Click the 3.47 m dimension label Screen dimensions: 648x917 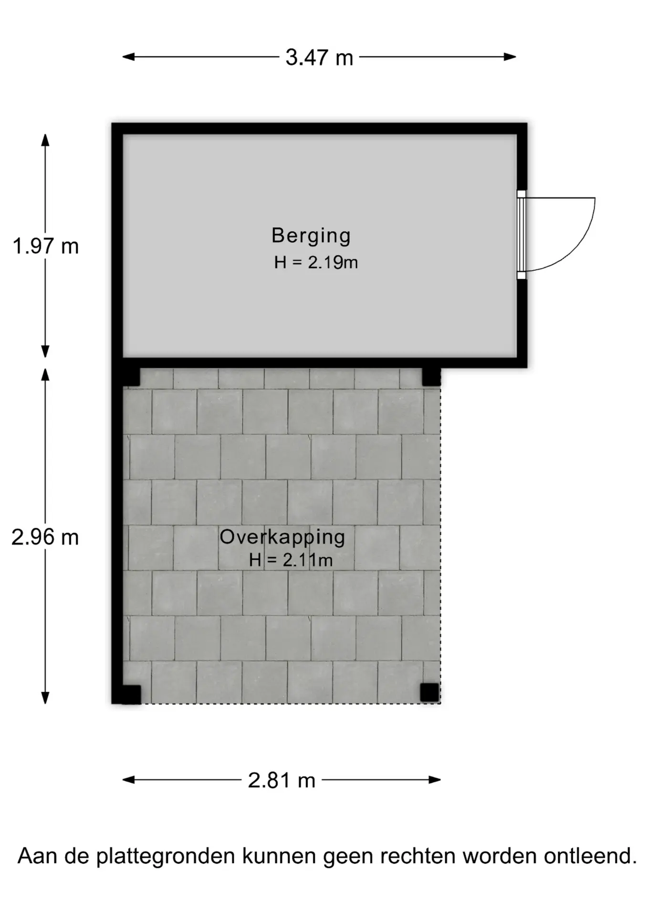pos(319,58)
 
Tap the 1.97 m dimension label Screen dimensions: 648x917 pos(45,246)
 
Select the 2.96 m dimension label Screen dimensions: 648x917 pos(45,538)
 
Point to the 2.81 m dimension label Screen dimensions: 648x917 pos(282,780)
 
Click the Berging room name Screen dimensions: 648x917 pos(311,236)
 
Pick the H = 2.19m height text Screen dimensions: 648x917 pos(316,263)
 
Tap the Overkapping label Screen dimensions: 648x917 pos(282,537)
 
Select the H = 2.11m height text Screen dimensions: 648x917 pos(291,560)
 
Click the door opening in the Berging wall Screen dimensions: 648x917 pos(522,235)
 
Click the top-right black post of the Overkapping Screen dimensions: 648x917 pos(431,377)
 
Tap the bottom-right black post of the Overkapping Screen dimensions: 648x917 pos(429,693)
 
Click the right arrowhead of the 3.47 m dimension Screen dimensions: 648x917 pos(510,57)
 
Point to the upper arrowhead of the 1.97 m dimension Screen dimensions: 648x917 pos(45,140)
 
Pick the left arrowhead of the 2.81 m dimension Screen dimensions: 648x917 pos(129,780)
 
